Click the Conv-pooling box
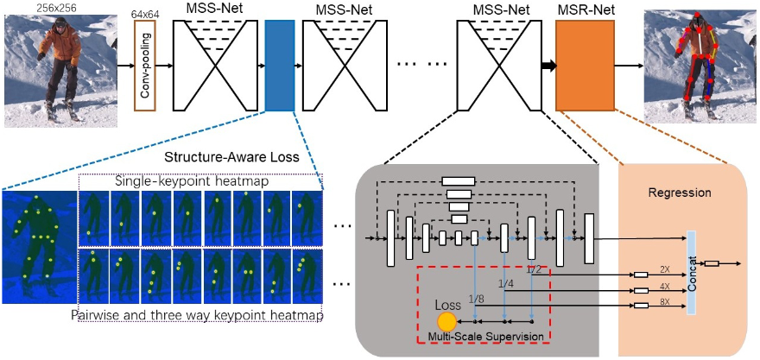coord(146,67)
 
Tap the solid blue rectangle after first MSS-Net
coord(280,67)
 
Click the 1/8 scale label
coord(476,299)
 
